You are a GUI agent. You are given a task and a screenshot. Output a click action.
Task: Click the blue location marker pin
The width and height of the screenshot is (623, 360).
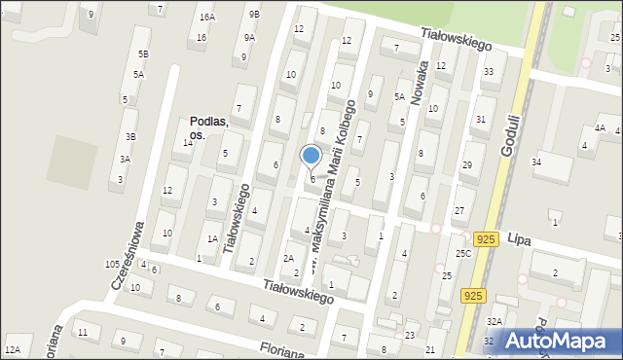(311, 156)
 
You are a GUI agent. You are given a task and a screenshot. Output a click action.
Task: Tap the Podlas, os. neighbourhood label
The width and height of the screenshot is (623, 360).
(208, 128)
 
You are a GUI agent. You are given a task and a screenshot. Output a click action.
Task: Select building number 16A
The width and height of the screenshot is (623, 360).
(206, 18)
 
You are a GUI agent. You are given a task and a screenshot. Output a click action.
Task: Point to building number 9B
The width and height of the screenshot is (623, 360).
(254, 15)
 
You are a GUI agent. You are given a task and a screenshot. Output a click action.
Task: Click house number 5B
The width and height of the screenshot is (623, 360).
(143, 54)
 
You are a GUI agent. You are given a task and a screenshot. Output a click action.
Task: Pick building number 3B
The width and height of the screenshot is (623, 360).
(129, 137)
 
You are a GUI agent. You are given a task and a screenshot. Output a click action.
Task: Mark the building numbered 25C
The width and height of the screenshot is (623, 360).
(462, 253)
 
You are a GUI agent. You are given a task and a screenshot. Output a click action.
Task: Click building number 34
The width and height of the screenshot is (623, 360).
(536, 162)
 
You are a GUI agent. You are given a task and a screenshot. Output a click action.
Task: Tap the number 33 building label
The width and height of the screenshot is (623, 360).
(488, 72)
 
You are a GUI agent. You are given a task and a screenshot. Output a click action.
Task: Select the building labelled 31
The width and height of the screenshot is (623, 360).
(480, 119)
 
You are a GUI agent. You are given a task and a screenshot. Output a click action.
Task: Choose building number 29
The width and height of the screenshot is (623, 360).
(466, 165)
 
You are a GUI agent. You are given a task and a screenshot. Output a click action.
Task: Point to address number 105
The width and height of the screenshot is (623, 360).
(112, 265)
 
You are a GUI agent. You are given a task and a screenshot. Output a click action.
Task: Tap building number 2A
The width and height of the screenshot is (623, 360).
(288, 258)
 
